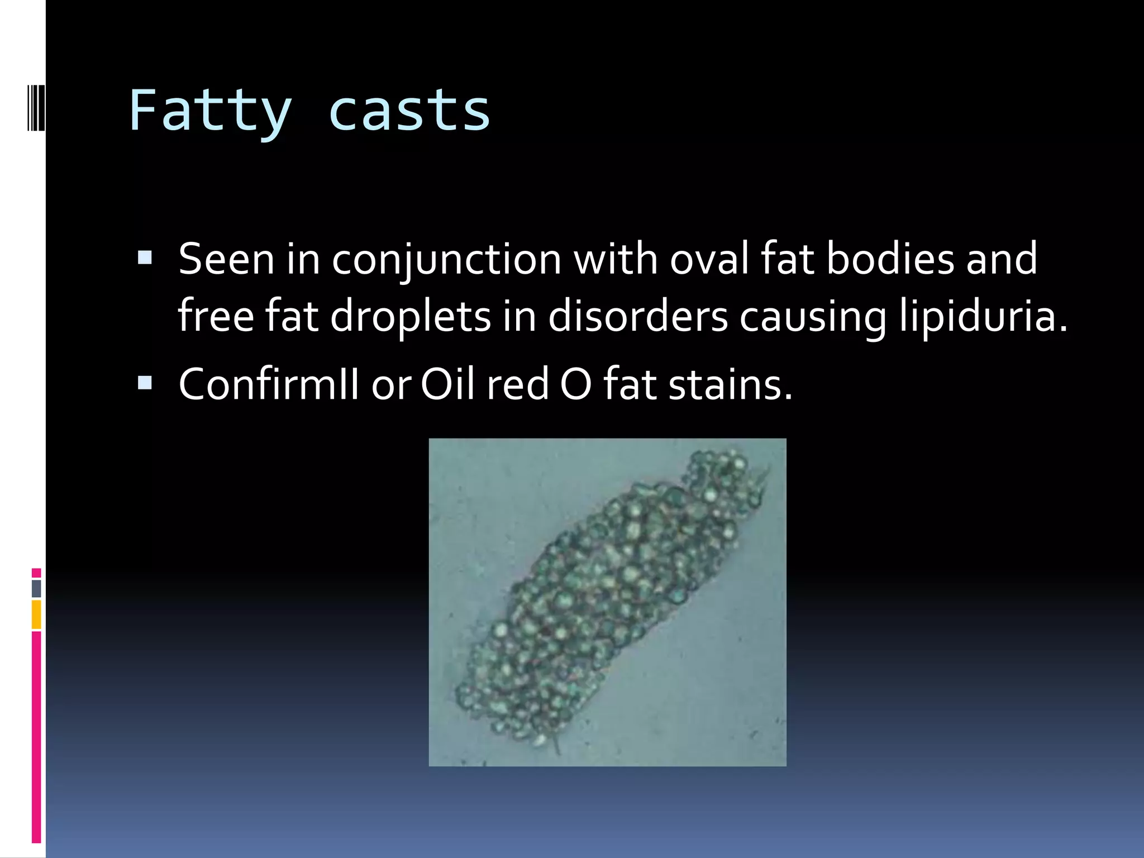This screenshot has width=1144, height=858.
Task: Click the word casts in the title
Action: coord(409,112)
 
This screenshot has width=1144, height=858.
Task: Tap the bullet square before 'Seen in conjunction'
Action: coord(145,258)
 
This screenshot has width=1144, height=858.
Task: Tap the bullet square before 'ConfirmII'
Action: coord(145,383)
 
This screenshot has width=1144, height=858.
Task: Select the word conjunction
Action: coord(447,260)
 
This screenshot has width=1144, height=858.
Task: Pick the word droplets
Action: coord(411,317)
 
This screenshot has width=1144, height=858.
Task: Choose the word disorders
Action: coord(638,316)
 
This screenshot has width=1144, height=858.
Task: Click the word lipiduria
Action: coord(983,317)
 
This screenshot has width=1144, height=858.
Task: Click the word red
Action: coord(518,385)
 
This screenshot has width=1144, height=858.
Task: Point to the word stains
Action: coord(730,385)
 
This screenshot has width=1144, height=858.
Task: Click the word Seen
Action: coord(226,259)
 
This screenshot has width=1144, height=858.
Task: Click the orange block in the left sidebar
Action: coord(36,614)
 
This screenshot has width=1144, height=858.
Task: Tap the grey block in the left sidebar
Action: coord(36,588)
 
